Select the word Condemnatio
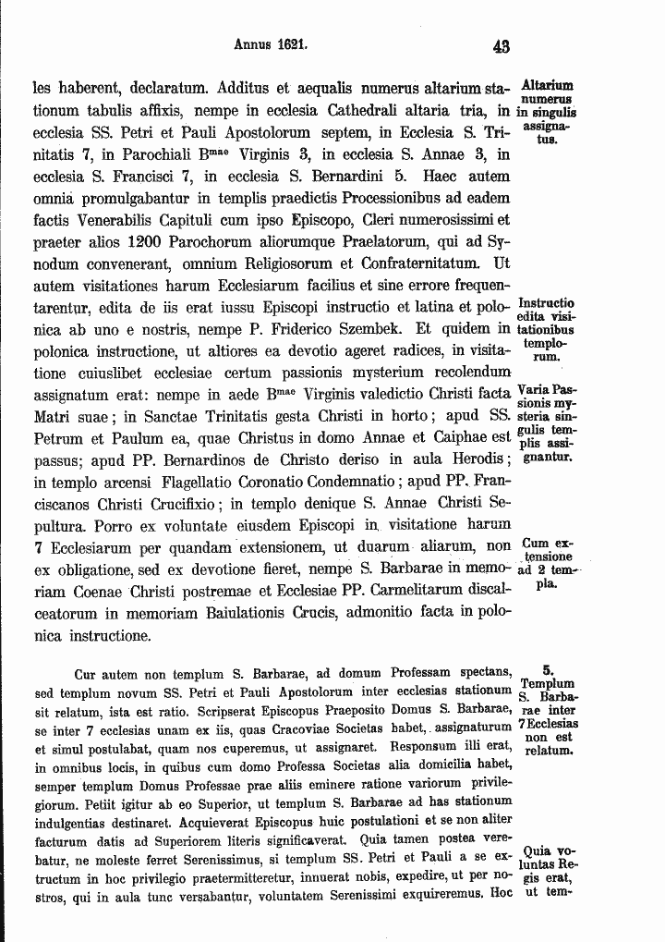pyautogui.click(x=346, y=482)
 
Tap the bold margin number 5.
pyautogui.click(x=548, y=668)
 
